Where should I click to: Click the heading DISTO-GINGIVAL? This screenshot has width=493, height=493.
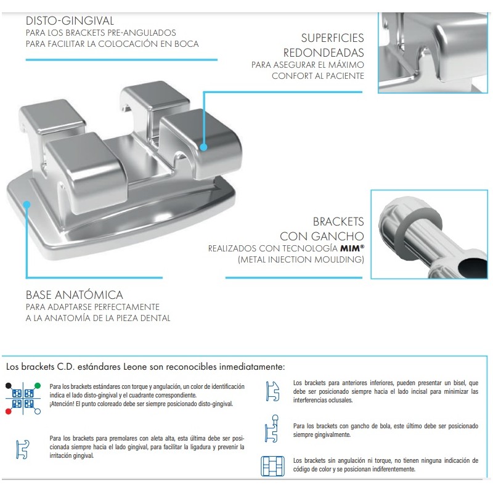[x=70, y=21]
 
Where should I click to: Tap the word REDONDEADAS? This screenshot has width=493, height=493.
[x=324, y=52]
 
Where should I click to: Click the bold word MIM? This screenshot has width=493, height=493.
[x=350, y=248]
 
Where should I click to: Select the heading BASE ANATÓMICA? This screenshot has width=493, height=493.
[x=74, y=295]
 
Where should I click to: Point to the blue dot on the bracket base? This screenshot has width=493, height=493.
[x=27, y=205]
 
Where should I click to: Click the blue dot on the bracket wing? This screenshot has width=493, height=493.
[x=204, y=147]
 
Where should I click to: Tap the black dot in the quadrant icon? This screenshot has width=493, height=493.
[x=9, y=386]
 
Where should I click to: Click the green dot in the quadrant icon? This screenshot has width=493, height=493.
[x=38, y=386]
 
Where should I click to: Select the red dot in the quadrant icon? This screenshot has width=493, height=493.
[x=9, y=411]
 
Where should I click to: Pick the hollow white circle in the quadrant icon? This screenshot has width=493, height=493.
[x=38, y=411]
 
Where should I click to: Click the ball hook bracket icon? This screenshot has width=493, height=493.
[x=272, y=428]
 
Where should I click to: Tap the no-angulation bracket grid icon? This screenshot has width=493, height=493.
[x=272, y=466]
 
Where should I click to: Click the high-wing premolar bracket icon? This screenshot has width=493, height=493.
[x=23, y=449]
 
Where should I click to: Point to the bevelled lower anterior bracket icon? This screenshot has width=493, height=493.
[x=272, y=391]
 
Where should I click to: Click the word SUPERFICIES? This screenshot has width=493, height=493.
[x=332, y=38]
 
